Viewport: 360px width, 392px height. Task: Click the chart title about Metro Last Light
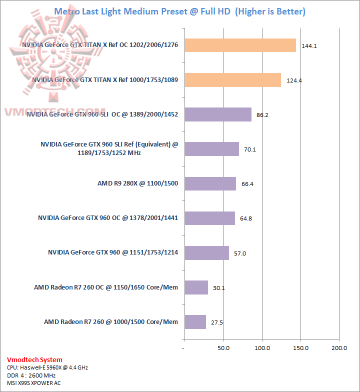(179, 11)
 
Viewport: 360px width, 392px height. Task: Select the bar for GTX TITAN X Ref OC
(240, 45)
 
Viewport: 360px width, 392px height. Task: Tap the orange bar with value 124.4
(232, 80)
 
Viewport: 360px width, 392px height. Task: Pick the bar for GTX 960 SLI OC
(217, 114)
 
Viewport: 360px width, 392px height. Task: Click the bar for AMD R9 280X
(210, 183)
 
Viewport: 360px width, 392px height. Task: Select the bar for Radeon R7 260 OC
(196, 287)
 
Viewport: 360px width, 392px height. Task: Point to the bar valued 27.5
(195, 322)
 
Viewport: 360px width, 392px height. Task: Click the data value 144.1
(309, 46)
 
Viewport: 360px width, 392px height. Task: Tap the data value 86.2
(262, 115)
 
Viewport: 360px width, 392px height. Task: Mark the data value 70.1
(249, 149)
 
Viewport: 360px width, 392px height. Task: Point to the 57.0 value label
(239, 253)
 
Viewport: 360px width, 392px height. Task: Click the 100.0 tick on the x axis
(262, 347)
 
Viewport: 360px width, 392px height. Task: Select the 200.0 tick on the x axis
(339, 347)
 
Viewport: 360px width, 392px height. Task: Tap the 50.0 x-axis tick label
(223, 347)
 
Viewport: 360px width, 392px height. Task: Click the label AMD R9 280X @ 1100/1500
(137, 183)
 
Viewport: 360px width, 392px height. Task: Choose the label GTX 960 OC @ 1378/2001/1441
(108, 218)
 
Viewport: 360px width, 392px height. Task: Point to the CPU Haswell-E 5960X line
(47, 367)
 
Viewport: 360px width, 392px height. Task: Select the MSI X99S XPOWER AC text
(37, 383)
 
